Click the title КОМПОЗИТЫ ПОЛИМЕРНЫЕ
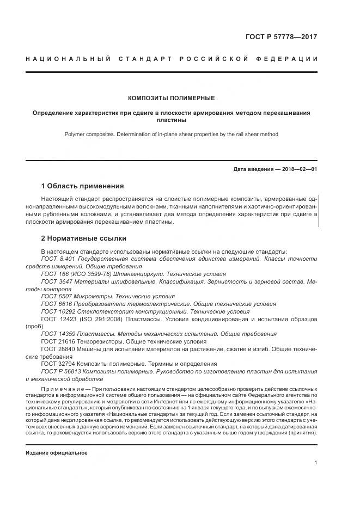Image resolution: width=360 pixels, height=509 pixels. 171,99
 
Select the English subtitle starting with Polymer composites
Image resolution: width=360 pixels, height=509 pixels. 171,134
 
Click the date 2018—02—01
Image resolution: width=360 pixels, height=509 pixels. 298,169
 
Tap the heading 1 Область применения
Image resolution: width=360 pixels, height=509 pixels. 82,186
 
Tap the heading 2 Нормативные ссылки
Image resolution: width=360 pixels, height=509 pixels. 83,238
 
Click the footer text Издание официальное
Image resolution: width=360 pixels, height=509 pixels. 56,453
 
